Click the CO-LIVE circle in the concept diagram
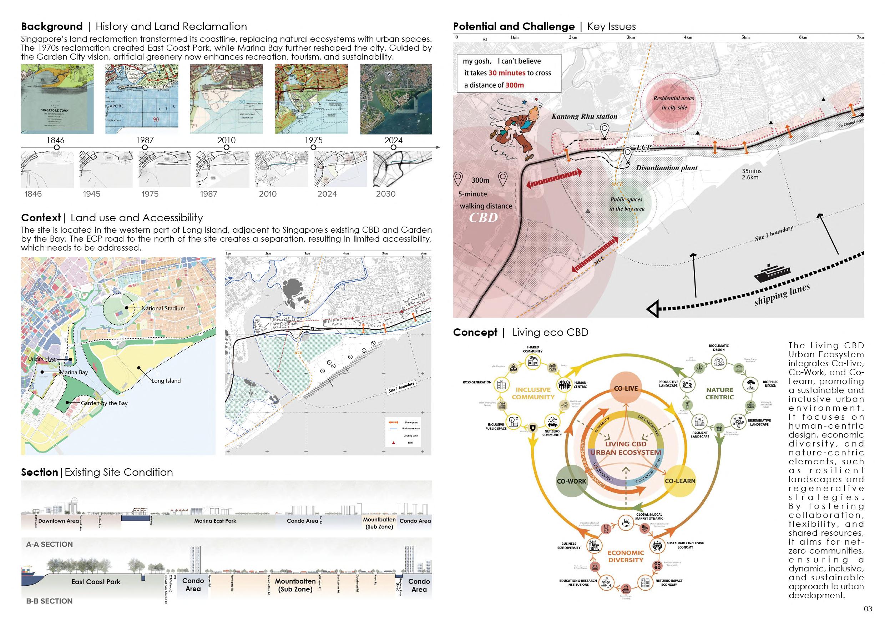(x=626, y=389)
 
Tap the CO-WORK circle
(x=571, y=481)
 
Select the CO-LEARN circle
(x=680, y=481)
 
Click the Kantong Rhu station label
(x=584, y=116)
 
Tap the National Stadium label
(x=163, y=308)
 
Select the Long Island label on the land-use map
(x=166, y=380)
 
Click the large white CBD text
(x=483, y=218)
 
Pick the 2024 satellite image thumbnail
(x=396, y=99)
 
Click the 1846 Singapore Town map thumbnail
(x=57, y=99)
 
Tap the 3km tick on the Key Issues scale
(x=631, y=37)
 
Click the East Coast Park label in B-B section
(x=96, y=582)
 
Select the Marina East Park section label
(x=215, y=521)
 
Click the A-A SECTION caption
(x=49, y=544)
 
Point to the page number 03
(x=868, y=609)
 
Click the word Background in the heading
(x=52, y=27)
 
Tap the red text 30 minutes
(x=507, y=73)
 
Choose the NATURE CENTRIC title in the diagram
(x=719, y=393)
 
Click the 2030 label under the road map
(x=385, y=194)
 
